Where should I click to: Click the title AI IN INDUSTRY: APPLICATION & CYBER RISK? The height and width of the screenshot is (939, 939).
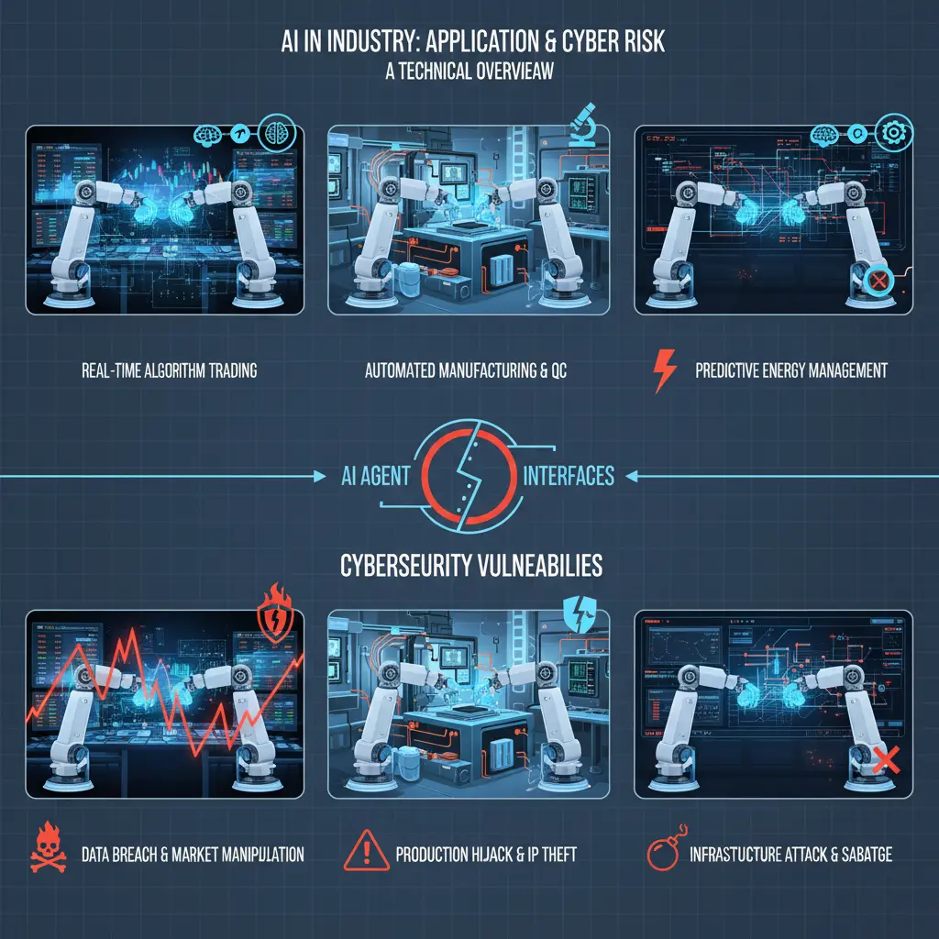(469, 45)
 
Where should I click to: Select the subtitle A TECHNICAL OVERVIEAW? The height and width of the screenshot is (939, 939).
(469, 71)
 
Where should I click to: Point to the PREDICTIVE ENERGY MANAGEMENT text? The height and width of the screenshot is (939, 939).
(790, 371)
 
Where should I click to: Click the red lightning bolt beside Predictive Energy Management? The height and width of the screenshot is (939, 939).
(664, 371)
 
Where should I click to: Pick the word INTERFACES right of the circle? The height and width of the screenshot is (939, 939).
(568, 476)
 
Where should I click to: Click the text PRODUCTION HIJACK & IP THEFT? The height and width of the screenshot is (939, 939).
(486, 855)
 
